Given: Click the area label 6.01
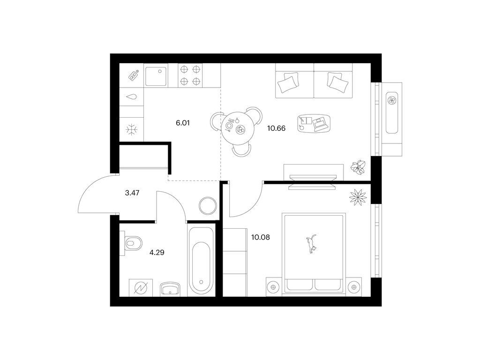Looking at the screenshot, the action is [x=183, y=123].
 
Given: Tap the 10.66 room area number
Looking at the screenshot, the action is [x=276, y=128].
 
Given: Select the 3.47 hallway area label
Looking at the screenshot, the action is [x=132, y=193].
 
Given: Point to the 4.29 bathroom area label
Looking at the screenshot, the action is [x=157, y=253].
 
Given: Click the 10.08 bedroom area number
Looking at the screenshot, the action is [x=261, y=237].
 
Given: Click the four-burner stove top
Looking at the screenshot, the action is [x=190, y=75].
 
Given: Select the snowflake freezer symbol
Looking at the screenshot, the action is [x=132, y=129].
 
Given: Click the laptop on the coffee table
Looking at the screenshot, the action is [x=320, y=124].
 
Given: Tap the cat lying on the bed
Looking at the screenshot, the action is [x=311, y=244].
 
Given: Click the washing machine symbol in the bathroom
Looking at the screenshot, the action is [x=141, y=287].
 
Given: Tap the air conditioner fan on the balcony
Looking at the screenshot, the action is [x=392, y=100].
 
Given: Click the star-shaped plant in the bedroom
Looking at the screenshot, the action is [x=358, y=198].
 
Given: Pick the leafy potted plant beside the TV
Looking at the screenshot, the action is [x=358, y=167].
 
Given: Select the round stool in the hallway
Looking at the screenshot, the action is [x=208, y=206].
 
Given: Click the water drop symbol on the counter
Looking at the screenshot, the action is [x=132, y=97].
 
